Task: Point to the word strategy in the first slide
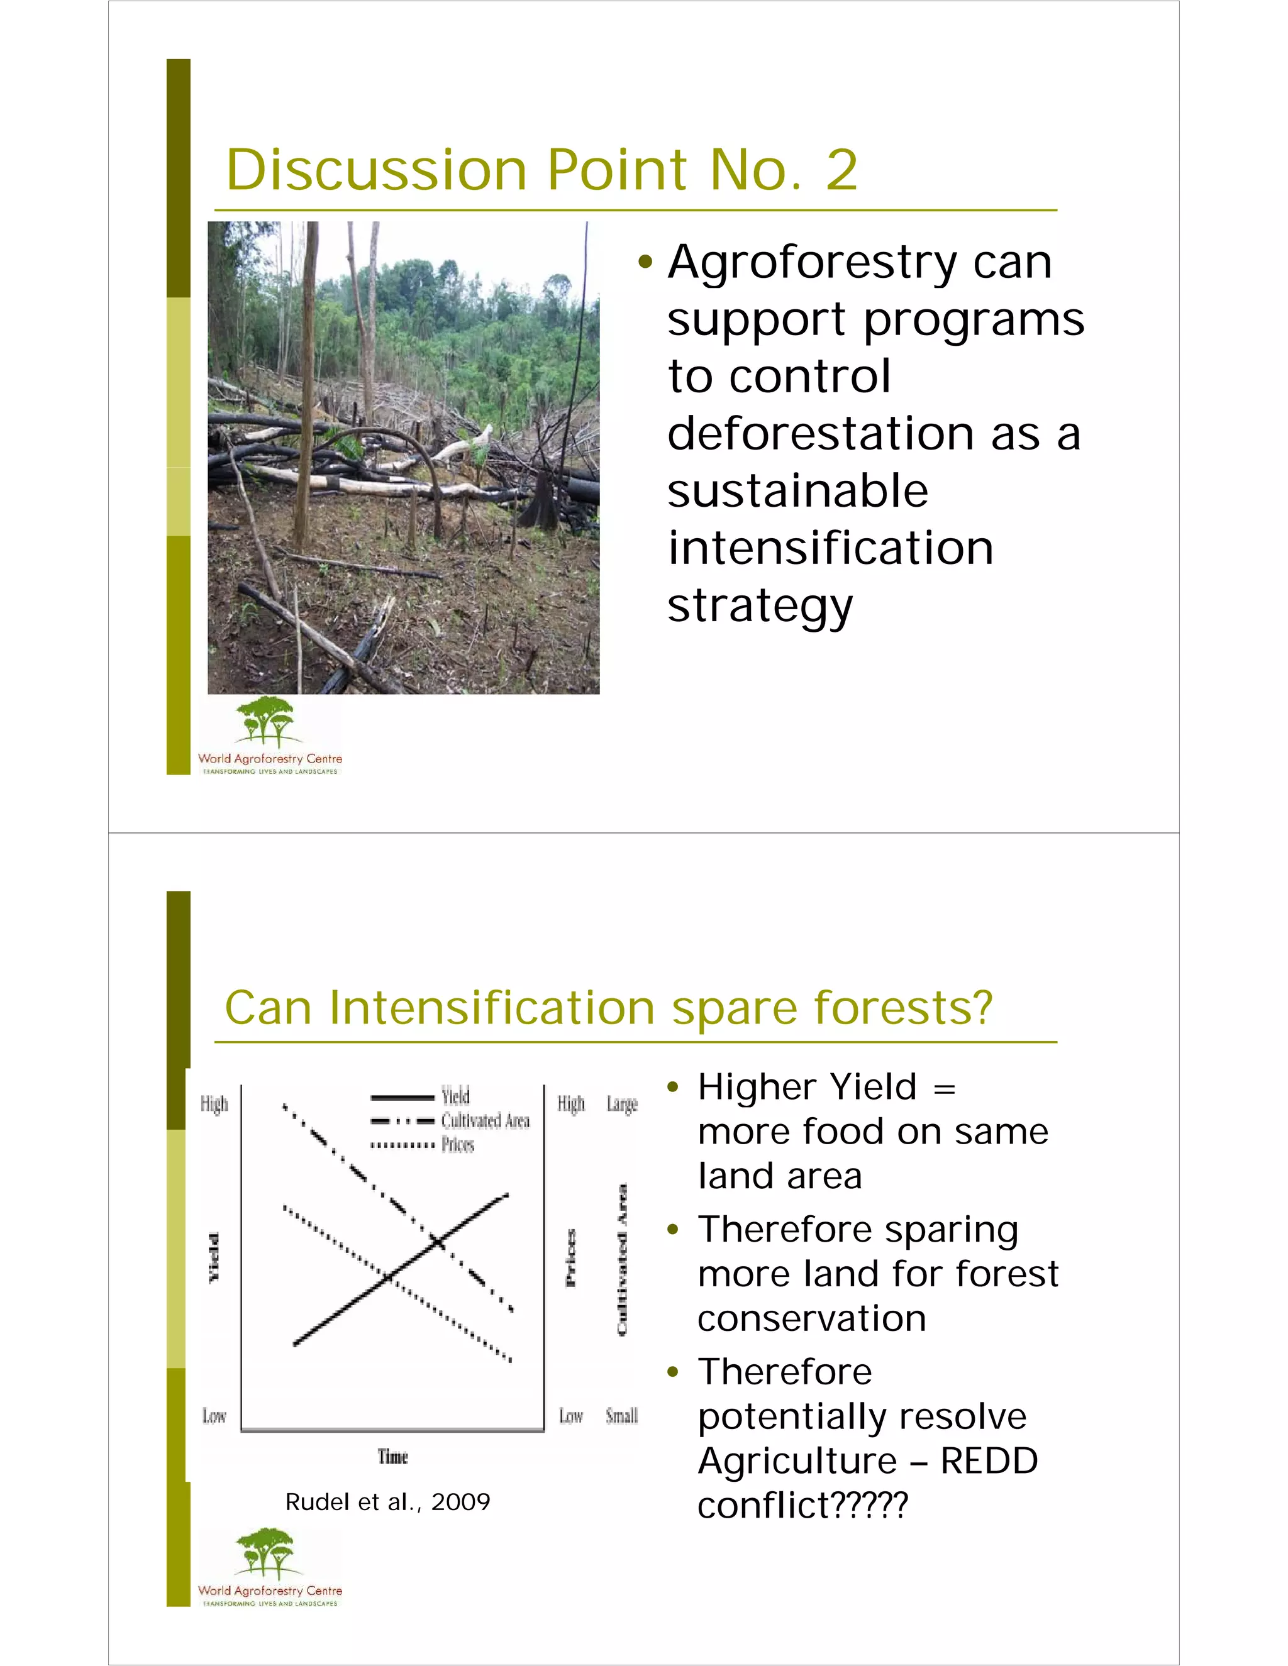[x=760, y=607]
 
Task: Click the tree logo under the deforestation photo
[x=265, y=722]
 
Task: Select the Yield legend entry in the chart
[x=455, y=1096]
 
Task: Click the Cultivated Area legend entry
[x=486, y=1120]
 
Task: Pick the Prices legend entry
[x=458, y=1144]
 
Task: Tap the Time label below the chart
[x=393, y=1457]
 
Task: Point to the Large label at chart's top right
[x=622, y=1104]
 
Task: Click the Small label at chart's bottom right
[x=621, y=1416]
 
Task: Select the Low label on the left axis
[x=214, y=1416]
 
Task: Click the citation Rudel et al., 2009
[x=387, y=1502]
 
